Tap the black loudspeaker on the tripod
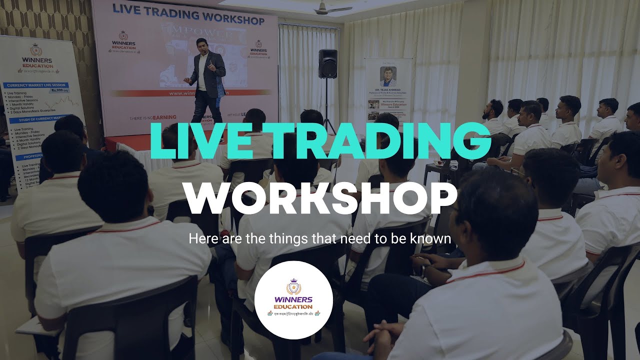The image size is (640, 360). (x=327, y=63)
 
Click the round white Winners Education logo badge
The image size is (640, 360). (x=293, y=300)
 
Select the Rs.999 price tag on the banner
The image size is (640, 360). (x=59, y=90)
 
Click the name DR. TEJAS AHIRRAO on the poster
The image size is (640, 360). (x=388, y=90)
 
